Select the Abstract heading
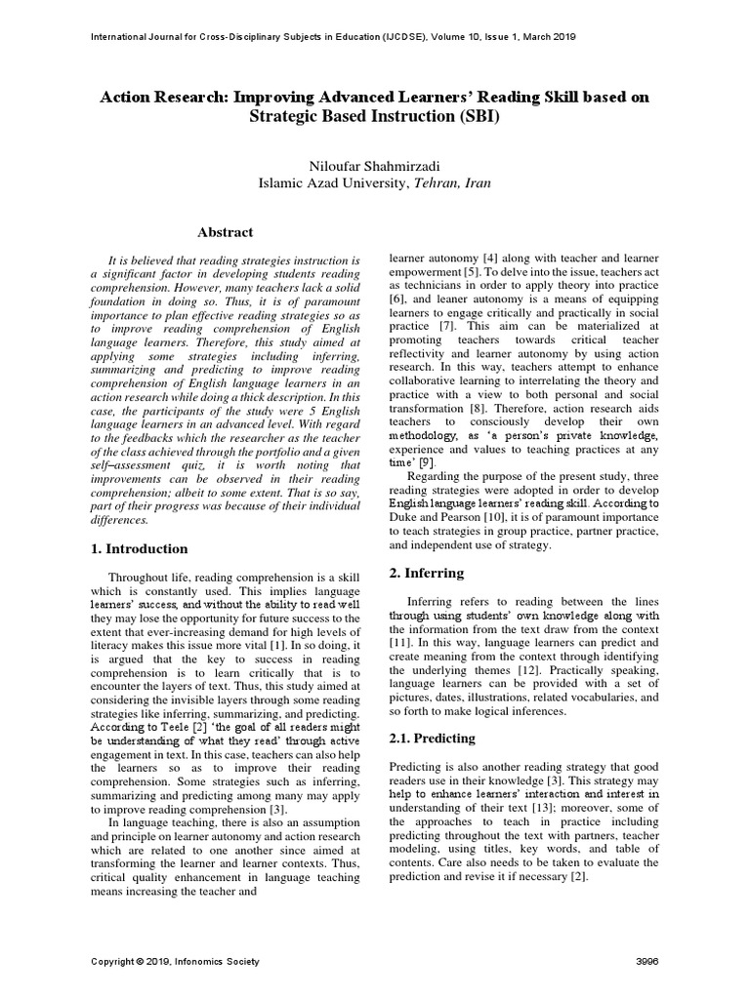coord(226,232)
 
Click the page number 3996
coord(647,962)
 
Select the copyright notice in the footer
coord(175,962)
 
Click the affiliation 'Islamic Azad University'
coord(335,182)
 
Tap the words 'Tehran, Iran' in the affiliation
coord(453,182)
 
